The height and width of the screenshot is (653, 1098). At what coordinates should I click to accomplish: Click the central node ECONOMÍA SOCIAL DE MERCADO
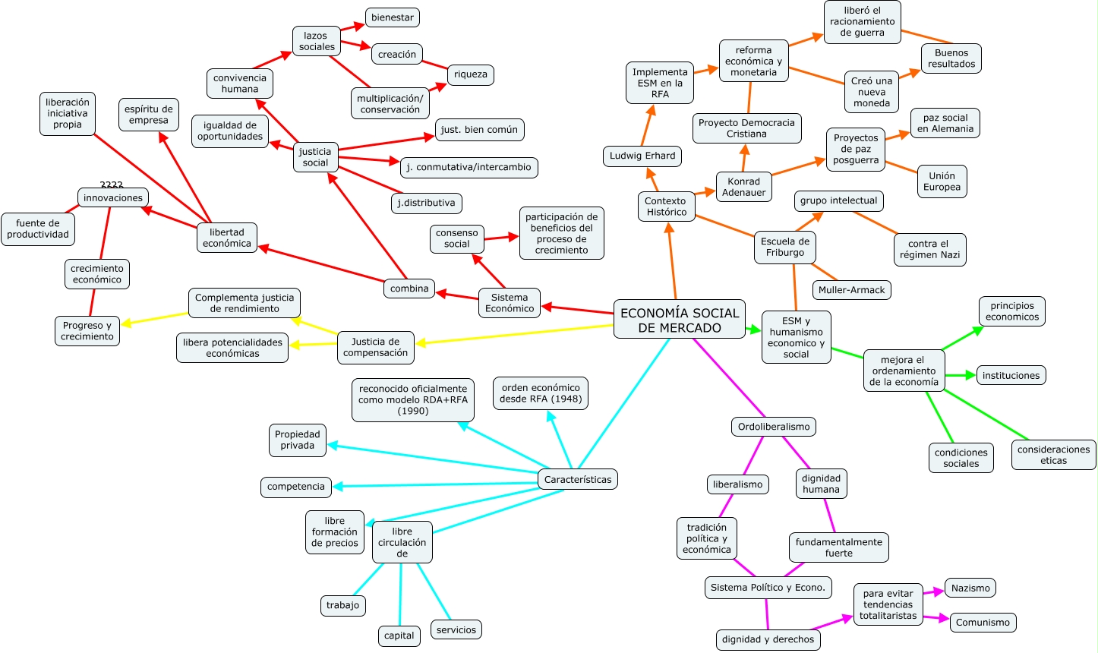(x=679, y=320)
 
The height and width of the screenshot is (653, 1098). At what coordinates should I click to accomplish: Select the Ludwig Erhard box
(x=642, y=156)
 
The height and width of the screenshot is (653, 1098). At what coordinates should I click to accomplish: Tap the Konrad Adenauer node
(x=743, y=187)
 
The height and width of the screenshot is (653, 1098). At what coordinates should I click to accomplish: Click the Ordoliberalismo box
(x=773, y=427)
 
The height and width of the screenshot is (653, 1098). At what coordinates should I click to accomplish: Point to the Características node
(x=577, y=479)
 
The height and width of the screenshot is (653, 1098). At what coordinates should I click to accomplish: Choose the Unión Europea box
(x=942, y=181)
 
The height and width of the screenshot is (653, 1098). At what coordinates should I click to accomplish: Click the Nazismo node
(x=970, y=588)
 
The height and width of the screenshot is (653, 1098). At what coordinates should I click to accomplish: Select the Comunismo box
(x=982, y=622)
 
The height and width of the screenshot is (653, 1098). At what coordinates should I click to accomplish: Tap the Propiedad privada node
(x=297, y=440)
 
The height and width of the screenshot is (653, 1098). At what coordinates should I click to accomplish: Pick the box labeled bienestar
(x=392, y=17)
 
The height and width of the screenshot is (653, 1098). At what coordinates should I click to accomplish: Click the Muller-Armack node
(x=851, y=290)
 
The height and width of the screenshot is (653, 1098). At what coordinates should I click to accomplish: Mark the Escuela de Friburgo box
(x=784, y=248)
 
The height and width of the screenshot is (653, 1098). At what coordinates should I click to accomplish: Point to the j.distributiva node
(x=426, y=203)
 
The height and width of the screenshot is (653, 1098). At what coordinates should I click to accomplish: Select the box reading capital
(x=399, y=636)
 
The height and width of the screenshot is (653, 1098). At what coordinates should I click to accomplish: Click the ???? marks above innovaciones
(x=112, y=185)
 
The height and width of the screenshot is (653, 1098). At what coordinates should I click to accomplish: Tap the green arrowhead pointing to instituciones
(x=970, y=375)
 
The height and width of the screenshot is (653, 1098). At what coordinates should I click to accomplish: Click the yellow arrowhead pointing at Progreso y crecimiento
(x=127, y=323)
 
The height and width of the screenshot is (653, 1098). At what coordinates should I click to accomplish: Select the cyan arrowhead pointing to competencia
(x=338, y=486)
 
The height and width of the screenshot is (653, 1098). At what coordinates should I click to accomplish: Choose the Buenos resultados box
(x=951, y=58)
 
